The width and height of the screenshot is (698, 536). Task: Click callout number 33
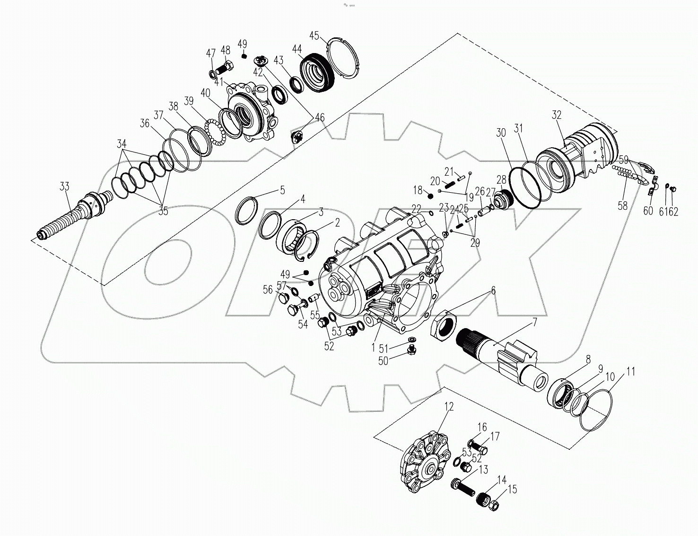point(64,186)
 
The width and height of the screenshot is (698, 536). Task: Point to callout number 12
point(449,407)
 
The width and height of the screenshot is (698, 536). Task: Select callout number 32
point(557,115)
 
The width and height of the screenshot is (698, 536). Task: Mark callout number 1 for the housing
point(373,348)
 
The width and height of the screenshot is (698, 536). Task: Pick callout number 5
point(282,190)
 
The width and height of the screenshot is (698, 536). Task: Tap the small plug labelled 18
point(430,196)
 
